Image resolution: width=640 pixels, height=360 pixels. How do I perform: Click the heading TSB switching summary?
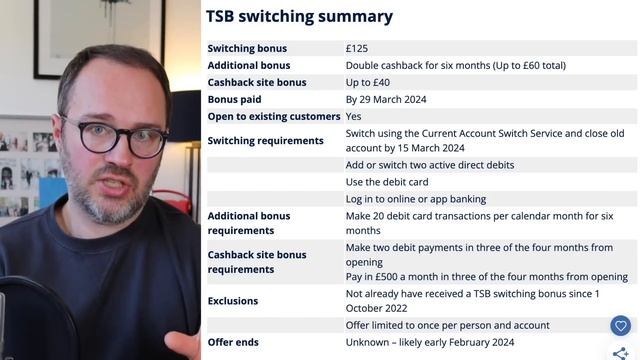point(299,17)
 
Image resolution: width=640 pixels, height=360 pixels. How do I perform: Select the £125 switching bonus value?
point(358,48)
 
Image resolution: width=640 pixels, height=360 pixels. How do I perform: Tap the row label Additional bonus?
point(248,65)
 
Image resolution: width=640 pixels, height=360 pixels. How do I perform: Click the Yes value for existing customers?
point(354,116)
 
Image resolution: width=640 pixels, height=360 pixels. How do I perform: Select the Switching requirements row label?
point(265,141)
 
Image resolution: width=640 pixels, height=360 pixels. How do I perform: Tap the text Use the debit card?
point(389,182)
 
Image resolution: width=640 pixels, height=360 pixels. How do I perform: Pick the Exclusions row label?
point(232,301)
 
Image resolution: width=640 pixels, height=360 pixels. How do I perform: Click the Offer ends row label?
point(232,342)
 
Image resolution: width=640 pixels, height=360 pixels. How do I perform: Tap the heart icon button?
point(620,326)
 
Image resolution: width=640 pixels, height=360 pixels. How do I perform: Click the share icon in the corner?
point(620,353)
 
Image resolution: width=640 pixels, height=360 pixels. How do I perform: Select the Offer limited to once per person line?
point(447,325)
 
